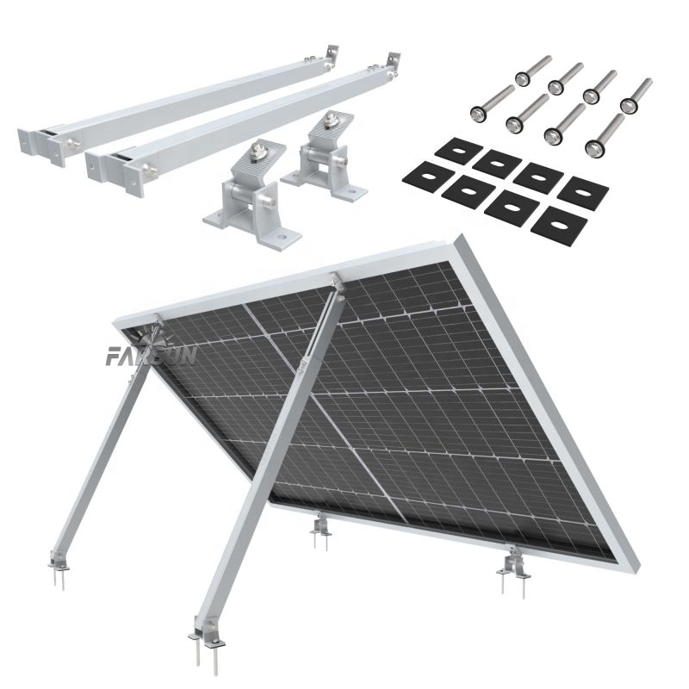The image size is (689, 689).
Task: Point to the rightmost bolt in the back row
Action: (x=638, y=90)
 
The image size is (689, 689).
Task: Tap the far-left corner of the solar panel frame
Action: (x=117, y=325)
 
